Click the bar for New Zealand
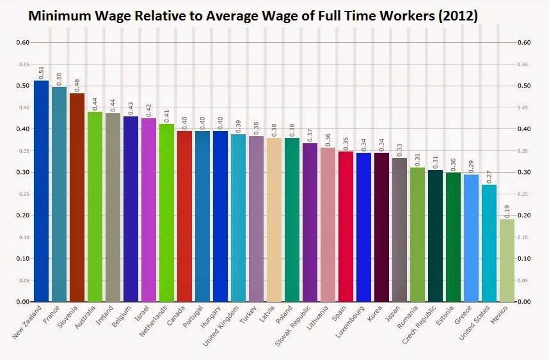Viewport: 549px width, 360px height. [41, 192]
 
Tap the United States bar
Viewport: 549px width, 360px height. [489, 243]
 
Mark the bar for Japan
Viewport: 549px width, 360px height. [399, 230]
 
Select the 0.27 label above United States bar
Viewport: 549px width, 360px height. [489, 176]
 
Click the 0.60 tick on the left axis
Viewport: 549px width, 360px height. [22, 43]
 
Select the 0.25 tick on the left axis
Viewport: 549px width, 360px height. [22, 194]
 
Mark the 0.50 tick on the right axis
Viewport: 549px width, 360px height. [523, 86]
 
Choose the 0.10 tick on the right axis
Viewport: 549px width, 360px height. [523, 258]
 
